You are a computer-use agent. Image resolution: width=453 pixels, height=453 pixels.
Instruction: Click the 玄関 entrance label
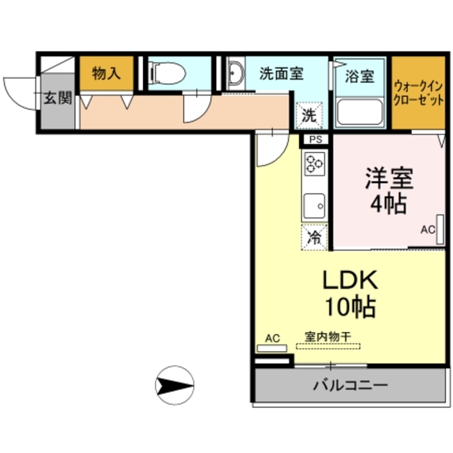pos(57,98)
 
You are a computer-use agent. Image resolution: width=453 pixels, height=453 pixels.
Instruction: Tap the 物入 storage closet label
pos(105,73)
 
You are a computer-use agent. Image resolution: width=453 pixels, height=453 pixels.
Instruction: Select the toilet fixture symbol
pos(169,72)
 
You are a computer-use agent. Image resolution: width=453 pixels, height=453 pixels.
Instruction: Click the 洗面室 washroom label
pos(281,72)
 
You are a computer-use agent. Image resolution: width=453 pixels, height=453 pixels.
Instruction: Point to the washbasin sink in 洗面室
pos(236,72)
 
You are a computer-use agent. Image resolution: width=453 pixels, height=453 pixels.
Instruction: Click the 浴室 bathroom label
pos(360,75)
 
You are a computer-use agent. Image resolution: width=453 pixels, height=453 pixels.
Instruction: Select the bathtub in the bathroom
pos(360,112)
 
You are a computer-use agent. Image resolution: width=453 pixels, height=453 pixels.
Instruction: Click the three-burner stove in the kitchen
pos(314,166)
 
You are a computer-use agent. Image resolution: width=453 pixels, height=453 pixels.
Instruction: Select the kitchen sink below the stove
pos(314,206)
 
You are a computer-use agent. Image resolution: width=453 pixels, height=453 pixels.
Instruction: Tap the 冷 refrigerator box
pos(314,237)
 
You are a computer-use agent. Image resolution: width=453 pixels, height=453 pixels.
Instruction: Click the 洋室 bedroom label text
pos(388,177)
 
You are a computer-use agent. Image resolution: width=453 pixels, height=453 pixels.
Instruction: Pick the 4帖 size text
pos(388,205)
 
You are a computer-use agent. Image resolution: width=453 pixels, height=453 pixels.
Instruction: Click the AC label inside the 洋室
pos(427,229)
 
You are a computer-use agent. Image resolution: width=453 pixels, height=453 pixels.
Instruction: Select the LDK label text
pos(350,280)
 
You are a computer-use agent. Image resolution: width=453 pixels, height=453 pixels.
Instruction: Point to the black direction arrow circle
pos(174,386)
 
